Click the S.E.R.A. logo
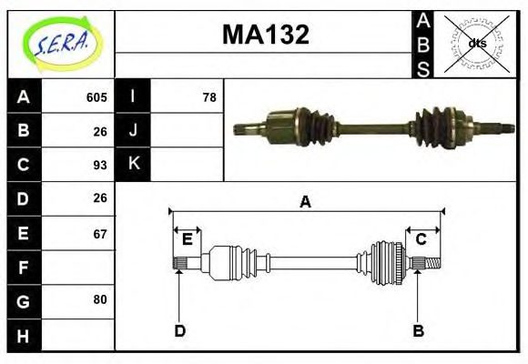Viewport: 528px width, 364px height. (61, 43)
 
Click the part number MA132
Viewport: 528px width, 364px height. (266, 35)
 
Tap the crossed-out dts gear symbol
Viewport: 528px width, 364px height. (476, 43)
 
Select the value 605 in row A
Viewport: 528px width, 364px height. (96, 97)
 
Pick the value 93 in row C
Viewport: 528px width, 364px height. (100, 165)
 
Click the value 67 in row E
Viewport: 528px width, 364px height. (100, 234)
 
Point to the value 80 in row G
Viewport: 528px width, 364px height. (100, 299)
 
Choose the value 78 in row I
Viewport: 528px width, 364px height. (209, 97)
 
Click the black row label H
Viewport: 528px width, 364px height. (24, 336)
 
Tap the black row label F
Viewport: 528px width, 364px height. (24, 268)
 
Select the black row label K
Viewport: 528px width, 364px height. (133, 165)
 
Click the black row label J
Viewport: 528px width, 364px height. (133, 130)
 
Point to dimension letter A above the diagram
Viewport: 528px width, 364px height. (306, 202)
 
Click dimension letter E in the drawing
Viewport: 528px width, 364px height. (188, 239)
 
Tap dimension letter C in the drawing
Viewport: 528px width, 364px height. (421, 239)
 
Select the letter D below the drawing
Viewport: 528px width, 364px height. (179, 330)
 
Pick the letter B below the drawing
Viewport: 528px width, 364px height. (418, 330)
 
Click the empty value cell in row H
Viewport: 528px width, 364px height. (78, 336)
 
